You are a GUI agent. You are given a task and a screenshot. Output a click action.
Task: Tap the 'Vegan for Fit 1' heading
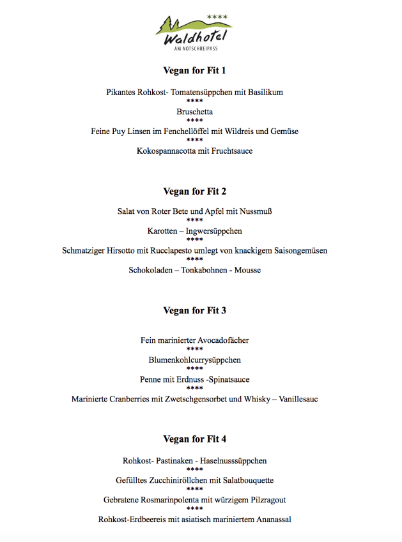[194, 70]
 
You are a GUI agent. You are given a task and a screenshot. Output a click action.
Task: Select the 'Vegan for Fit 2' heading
[194, 191]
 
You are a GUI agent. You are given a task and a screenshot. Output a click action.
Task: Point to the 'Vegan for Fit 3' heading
[194, 311]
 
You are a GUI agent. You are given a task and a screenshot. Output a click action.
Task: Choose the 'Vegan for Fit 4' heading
[194, 439]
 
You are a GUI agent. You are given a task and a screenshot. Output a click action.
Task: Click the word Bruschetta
[195, 112]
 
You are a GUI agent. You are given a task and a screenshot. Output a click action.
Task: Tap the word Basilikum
[262, 92]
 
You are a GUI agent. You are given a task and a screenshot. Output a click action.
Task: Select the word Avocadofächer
[219, 340]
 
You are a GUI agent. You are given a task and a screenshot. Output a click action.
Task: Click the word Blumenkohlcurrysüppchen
[195, 360]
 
